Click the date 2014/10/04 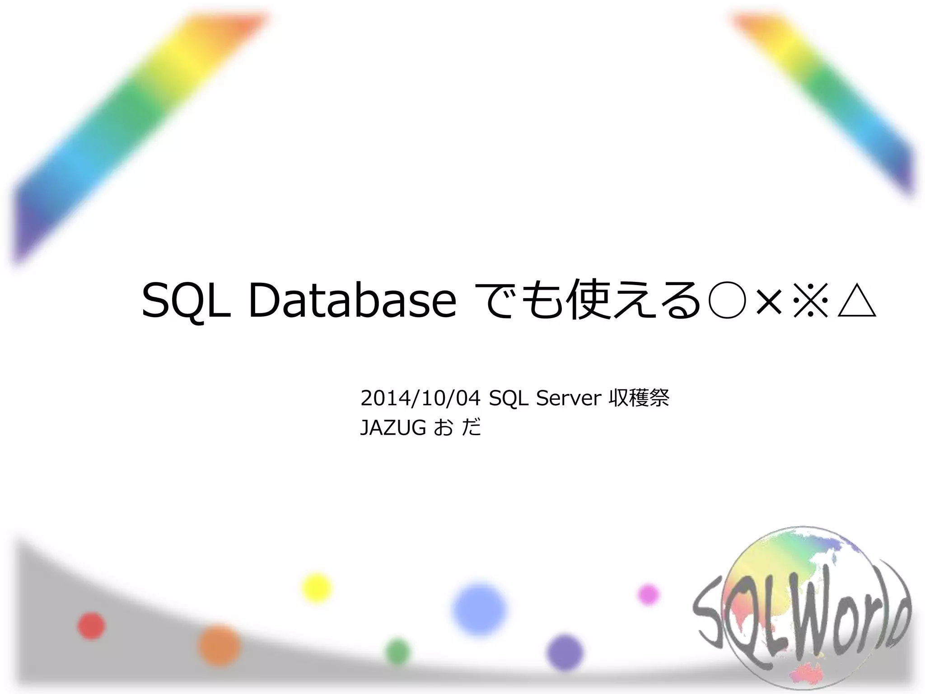point(420,398)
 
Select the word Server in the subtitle point(569,398)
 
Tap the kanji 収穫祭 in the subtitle point(639,398)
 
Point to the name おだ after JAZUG point(457,427)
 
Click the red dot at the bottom point(91,626)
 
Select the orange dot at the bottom point(219,646)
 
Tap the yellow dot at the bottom point(316,588)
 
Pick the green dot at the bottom point(398,652)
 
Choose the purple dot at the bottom point(565,652)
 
